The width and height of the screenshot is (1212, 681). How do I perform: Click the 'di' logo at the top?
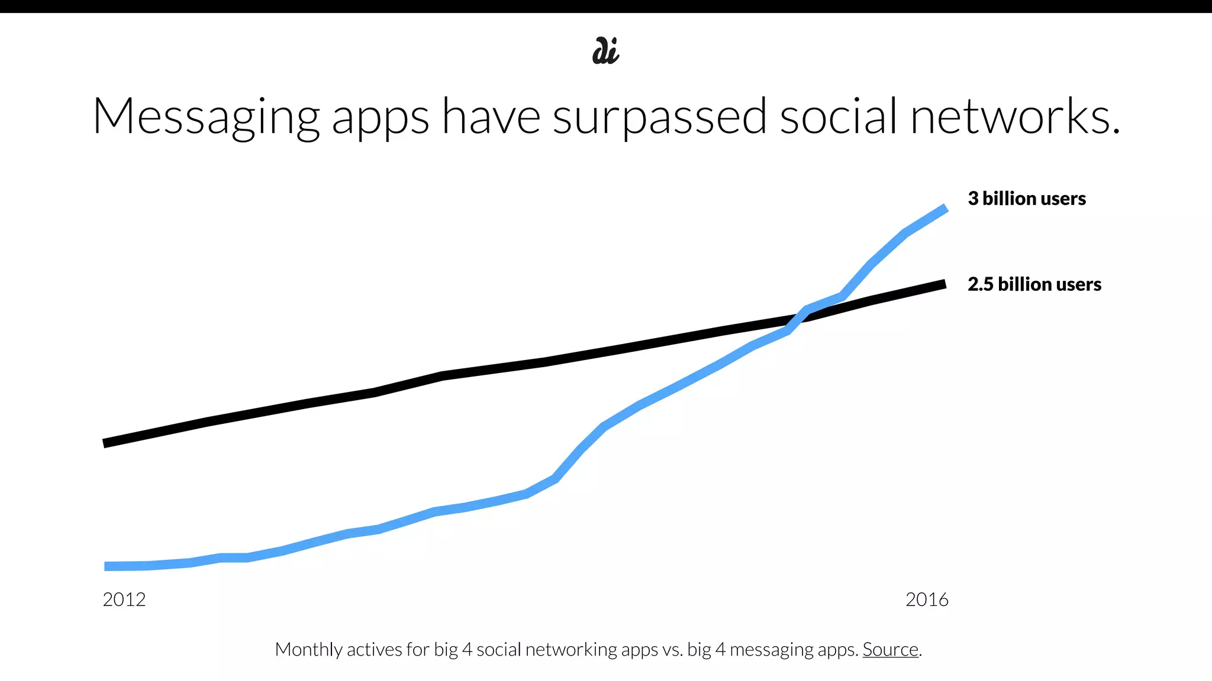click(x=605, y=51)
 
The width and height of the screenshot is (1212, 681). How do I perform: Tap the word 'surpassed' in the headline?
click(x=659, y=117)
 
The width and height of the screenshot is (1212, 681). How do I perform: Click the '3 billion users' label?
click(x=1027, y=199)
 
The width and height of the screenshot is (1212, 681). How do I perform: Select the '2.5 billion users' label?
click(x=1034, y=284)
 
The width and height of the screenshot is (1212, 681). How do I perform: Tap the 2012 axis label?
click(x=124, y=599)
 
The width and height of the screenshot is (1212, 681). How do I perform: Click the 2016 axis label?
click(x=927, y=599)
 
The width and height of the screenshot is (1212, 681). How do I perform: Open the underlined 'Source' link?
click(x=890, y=649)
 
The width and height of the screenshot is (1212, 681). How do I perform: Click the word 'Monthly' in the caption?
click(x=308, y=649)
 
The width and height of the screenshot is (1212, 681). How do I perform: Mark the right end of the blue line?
click(x=945, y=209)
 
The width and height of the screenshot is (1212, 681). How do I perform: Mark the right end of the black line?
click(x=944, y=284)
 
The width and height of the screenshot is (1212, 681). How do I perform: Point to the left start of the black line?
click(x=105, y=443)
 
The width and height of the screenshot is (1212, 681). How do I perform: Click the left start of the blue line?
click(x=107, y=566)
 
